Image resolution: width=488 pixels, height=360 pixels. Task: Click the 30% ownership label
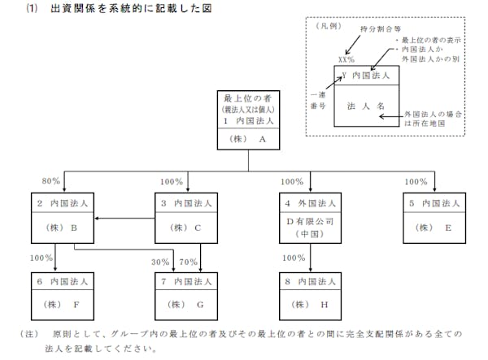click(x=160, y=262)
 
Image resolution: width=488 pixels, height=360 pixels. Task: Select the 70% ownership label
click(x=188, y=262)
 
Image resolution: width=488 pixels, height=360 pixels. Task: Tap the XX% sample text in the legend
click(x=346, y=60)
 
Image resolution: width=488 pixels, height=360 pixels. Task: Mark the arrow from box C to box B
click(x=122, y=218)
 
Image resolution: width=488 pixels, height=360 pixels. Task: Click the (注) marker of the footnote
click(x=29, y=334)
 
